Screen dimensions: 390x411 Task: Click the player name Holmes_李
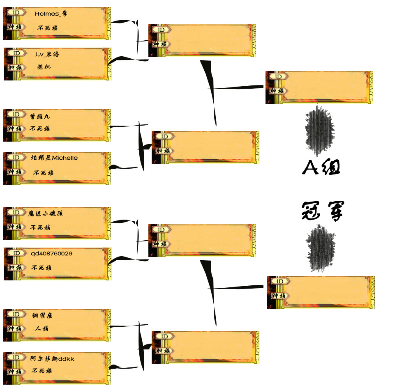point(51,14)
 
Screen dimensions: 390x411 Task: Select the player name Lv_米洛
point(48,54)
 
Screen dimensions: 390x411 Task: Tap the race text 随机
point(44,67)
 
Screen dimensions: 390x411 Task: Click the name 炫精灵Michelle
point(54,158)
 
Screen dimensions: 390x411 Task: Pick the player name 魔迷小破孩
point(45,213)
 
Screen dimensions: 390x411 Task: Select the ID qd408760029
point(51,253)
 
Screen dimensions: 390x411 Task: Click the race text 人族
point(42,328)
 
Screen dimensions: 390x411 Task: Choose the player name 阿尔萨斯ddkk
point(52,358)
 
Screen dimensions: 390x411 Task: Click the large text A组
point(321,167)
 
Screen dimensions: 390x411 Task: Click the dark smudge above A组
point(320,128)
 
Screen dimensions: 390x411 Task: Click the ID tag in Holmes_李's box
point(16,12)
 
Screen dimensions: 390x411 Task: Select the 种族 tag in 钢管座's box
point(16,328)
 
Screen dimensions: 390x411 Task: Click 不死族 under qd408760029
point(41,268)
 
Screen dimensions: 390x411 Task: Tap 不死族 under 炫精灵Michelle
point(43,173)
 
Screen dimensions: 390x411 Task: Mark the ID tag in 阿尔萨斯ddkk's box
point(16,357)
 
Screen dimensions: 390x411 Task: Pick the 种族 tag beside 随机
point(16,67)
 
